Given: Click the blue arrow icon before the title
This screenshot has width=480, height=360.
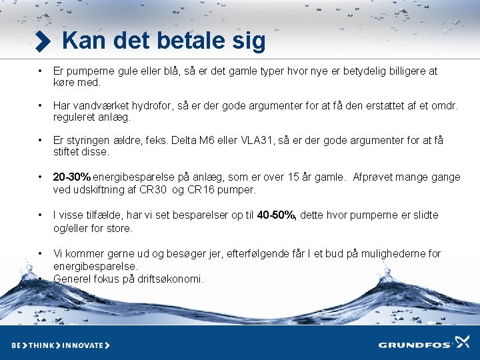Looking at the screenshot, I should coord(43,42).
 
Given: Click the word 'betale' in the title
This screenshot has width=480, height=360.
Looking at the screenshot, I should coord(191,41).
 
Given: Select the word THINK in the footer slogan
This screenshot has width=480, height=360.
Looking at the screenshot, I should coord(39,345).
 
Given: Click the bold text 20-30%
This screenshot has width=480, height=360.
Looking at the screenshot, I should coord(72,177).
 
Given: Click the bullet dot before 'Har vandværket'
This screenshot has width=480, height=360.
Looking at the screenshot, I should coord(40,105).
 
